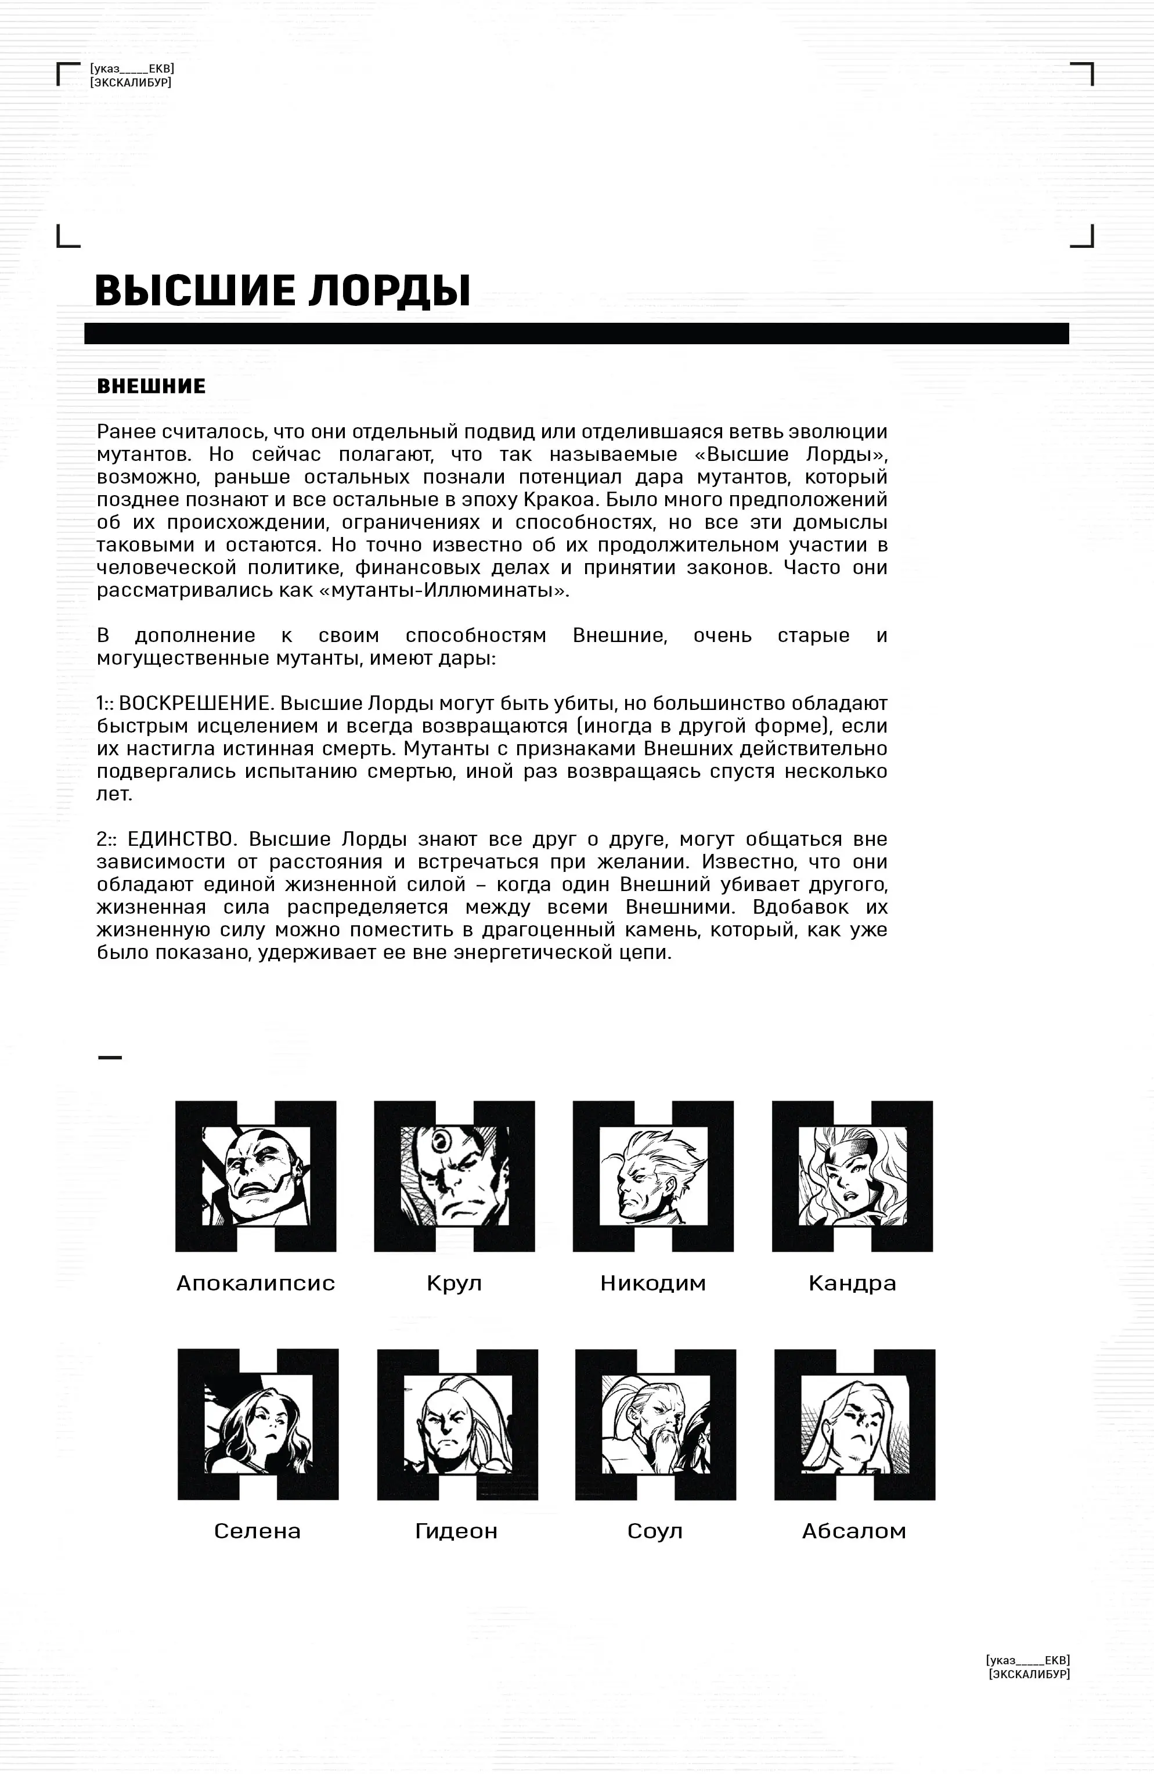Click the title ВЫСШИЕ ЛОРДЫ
tap(283, 291)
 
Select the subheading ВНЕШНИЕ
tap(152, 386)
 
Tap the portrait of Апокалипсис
tap(255, 1176)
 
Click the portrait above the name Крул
tap(454, 1176)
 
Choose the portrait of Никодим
tap(653, 1176)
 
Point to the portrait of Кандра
tap(852, 1176)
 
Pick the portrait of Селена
tap(258, 1424)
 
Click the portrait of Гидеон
tap(457, 1424)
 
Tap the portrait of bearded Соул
tap(655, 1424)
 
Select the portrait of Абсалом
tap(854, 1424)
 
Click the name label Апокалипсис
tap(255, 1283)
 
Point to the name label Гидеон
tap(456, 1531)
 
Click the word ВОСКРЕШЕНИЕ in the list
tap(193, 703)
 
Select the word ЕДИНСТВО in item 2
tap(181, 839)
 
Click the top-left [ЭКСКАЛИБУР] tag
tap(131, 82)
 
